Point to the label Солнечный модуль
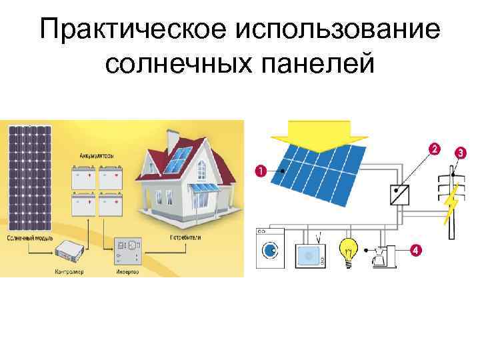tap(26, 238)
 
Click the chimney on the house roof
tap(172, 141)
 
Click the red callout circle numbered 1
tap(260, 172)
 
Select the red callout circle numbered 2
tap(434, 148)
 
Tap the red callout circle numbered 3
tap(460, 152)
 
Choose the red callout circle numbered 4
tap(415, 251)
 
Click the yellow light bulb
tap(347, 250)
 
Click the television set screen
tap(309, 254)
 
